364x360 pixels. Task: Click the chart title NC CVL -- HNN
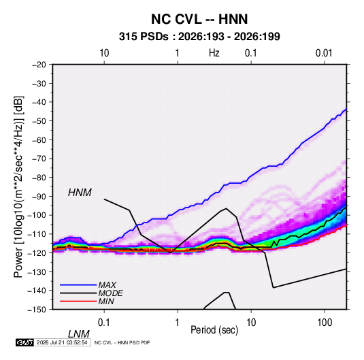199,19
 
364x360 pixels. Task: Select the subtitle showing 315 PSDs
199,37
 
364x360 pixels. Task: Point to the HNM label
80,193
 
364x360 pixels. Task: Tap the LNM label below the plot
79,334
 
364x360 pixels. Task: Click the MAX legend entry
107,284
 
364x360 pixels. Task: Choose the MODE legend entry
110,293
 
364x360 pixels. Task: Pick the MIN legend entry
106,301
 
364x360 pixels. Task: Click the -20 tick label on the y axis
39,65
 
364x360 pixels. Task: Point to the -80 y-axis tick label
39,178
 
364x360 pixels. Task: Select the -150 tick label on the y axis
37,310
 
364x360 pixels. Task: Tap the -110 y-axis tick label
37,234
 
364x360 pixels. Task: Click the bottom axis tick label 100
325,323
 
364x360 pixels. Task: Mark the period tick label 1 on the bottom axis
178,323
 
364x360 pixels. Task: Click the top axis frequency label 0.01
324,53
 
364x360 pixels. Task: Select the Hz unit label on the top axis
214,53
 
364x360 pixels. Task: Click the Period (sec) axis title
214,330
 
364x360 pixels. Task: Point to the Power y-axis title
18,186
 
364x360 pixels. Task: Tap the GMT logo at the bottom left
24,342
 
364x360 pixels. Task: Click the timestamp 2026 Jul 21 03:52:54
62,342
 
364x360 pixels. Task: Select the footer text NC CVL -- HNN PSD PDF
122,342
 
